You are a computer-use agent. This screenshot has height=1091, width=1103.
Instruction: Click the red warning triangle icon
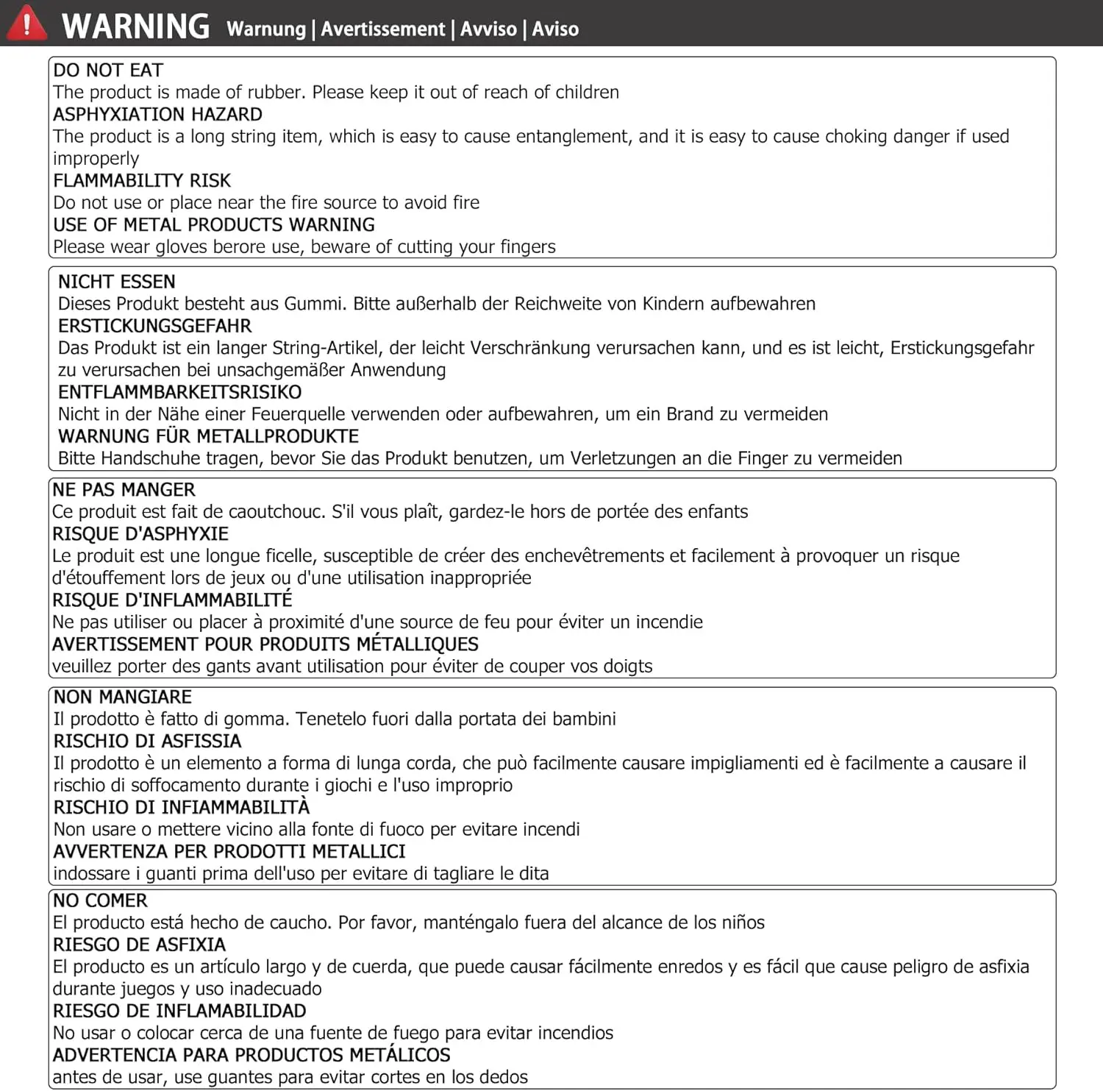(26, 24)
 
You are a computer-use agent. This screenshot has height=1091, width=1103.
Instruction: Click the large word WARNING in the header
(136, 26)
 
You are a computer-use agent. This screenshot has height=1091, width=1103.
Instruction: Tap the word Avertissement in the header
(382, 29)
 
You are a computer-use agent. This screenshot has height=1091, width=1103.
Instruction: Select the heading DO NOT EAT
(108, 70)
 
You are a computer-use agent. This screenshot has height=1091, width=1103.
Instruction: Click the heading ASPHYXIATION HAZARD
(157, 114)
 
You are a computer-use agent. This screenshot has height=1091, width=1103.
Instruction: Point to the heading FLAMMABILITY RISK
(142, 180)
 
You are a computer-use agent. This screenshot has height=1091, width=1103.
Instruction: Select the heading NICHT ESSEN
(117, 282)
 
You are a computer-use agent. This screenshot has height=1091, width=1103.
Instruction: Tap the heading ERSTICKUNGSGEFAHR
(154, 326)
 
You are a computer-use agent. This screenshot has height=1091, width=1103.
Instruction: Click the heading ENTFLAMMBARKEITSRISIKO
(180, 392)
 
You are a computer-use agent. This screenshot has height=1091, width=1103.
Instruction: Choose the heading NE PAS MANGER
(124, 490)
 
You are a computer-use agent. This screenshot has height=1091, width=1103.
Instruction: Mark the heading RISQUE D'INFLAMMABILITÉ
(172, 600)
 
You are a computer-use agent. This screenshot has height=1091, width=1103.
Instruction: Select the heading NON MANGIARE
(123, 697)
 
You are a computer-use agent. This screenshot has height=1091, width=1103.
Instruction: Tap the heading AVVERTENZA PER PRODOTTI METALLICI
(229, 852)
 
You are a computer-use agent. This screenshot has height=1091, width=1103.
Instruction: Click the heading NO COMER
(101, 901)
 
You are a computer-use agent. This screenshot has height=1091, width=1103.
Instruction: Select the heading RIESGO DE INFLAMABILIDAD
(179, 1011)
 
